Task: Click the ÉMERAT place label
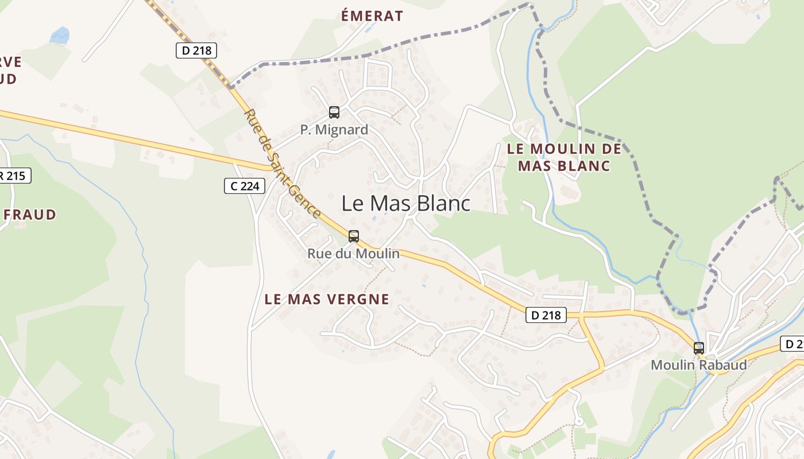pos(372,16)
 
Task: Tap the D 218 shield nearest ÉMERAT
pos(196,50)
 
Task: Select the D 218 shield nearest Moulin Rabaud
pos(546,314)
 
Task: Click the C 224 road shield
pos(245,186)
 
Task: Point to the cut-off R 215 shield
pos(14,176)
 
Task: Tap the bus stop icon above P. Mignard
pos(334,112)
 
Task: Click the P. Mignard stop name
pos(334,130)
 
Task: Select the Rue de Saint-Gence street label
pos(283,164)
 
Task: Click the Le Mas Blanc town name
pos(406,203)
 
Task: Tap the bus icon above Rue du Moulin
pos(354,236)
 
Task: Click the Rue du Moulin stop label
pos(354,253)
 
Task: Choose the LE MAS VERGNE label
pos(327,299)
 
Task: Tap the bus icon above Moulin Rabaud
pos(699,348)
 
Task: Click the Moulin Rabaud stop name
pos(699,365)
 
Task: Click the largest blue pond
pos(60,36)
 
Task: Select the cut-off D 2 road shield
pos(793,344)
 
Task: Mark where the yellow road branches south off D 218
pos(581,316)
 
